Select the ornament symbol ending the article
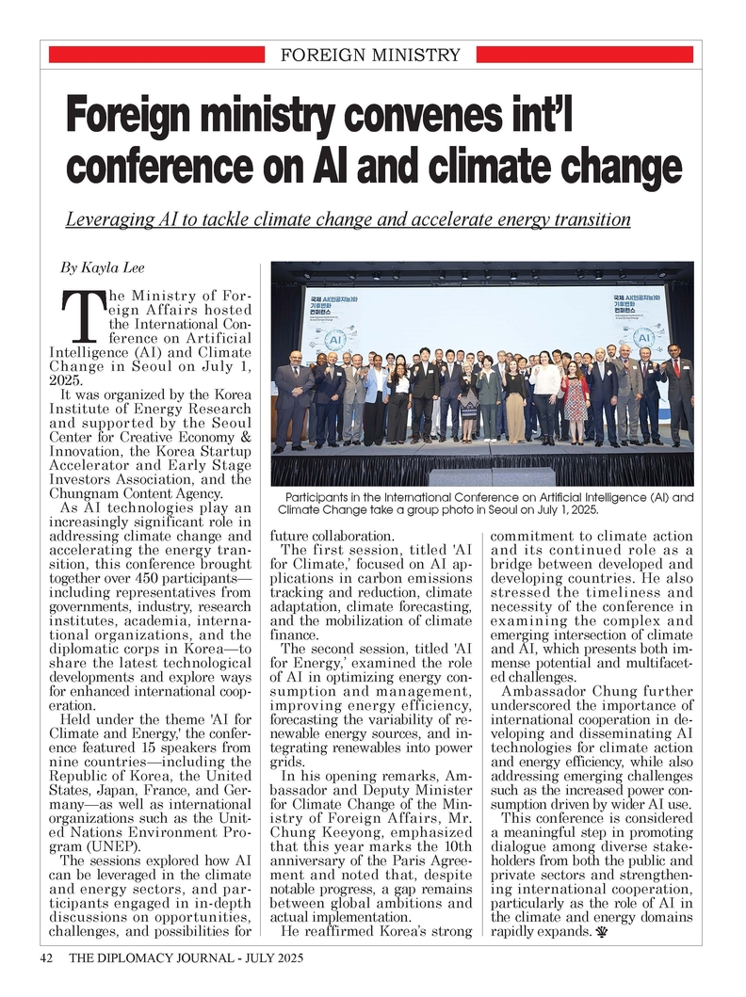[x=599, y=933]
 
